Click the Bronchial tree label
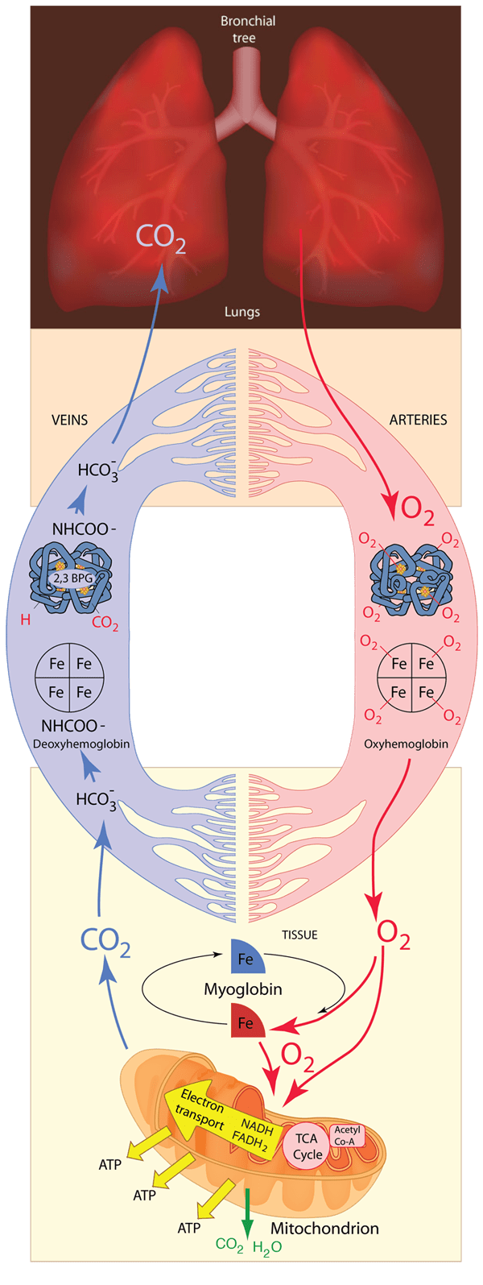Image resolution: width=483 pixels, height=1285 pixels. click(248, 29)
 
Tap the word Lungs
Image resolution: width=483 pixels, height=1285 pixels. click(242, 312)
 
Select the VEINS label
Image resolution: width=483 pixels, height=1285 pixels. click(69, 420)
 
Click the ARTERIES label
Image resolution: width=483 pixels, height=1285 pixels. click(418, 420)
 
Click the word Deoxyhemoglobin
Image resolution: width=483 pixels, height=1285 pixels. click(80, 744)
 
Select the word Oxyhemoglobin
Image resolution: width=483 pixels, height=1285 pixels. click(406, 744)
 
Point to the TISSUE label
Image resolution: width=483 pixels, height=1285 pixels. click(299, 935)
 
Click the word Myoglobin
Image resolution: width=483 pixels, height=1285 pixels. click(242, 989)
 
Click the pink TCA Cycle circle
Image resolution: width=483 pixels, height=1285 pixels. click(307, 1146)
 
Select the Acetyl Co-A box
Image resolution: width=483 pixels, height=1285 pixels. click(348, 1136)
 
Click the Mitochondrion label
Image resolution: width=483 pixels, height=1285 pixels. click(324, 1229)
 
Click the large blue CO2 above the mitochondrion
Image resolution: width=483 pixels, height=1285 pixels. click(105, 942)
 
